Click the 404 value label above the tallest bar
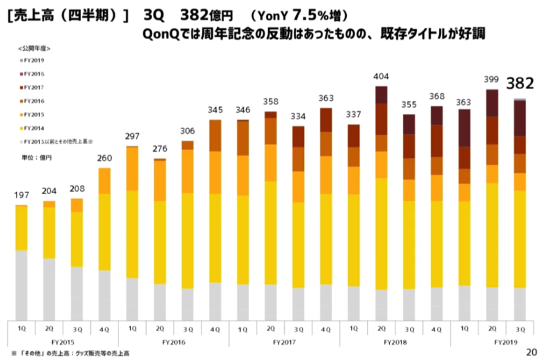pyautogui.click(x=381, y=77)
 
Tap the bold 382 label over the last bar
pyautogui.click(x=519, y=85)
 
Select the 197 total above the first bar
pyautogui.click(x=22, y=195)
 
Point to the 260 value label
pyautogui.click(x=104, y=158)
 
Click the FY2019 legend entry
pyautogui.click(x=34, y=60)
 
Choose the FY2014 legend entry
pyautogui.click(x=34, y=128)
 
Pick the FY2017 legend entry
pyautogui.click(x=34, y=87)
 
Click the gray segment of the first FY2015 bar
pyautogui.click(x=22, y=284)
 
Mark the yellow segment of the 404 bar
pyautogui.click(x=381, y=233)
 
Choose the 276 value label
pyautogui.click(x=160, y=149)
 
